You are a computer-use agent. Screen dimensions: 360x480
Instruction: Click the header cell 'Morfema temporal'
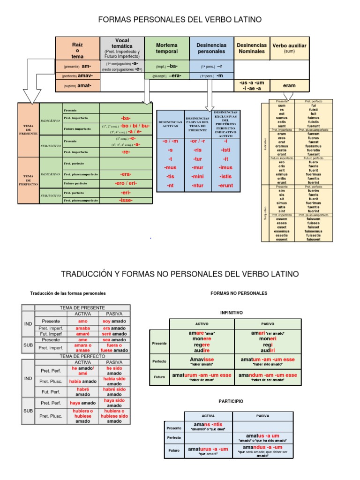(167, 48)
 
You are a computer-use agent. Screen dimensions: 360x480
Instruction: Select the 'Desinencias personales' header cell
(211, 48)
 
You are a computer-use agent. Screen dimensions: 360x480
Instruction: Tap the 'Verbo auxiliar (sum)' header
(289, 48)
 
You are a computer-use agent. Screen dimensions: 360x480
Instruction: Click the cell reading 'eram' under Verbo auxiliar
(289, 86)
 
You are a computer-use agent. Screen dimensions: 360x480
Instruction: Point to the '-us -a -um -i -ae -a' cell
(251, 86)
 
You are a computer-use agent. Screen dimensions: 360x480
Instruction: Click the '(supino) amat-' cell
(77, 86)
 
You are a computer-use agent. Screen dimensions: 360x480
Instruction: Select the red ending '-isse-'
(126, 200)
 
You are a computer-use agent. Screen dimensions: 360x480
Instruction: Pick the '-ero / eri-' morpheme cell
(126, 183)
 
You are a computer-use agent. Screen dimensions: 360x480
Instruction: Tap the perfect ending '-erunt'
(225, 186)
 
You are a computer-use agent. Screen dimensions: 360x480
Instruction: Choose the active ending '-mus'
(170, 167)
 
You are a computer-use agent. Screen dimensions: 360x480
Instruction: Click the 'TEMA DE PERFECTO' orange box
(28, 180)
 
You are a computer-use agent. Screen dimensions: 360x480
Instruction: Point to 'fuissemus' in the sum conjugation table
(314, 231)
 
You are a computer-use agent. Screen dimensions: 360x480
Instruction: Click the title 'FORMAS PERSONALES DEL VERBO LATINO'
(179, 20)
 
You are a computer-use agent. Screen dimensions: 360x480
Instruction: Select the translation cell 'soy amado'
(114, 321)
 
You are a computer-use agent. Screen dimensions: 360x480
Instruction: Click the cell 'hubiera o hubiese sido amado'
(114, 416)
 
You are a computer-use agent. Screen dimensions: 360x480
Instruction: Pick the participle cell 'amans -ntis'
(208, 426)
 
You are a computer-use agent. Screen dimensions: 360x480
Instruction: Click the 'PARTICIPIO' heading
(231, 402)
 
